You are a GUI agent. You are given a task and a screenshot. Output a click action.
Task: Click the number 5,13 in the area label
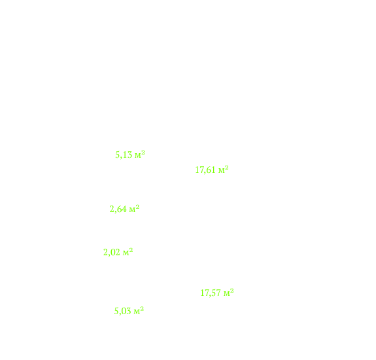pyautogui.click(x=124, y=154)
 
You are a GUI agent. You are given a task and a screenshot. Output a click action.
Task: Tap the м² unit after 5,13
pyautogui.click(x=140, y=154)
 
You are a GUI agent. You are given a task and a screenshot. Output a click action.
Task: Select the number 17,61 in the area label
pyautogui.click(x=205, y=170)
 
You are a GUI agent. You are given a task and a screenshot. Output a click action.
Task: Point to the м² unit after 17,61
pyautogui.click(x=223, y=170)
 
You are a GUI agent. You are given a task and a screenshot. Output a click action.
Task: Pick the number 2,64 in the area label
pyautogui.click(x=118, y=209)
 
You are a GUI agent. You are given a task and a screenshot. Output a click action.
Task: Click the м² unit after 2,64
pyautogui.click(x=134, y=209)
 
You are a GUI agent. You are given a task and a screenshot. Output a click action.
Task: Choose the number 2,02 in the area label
pyautogui.click(x=112, y=253)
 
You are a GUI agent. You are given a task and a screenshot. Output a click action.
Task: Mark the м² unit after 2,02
pyautogui.click(x=128, y=252)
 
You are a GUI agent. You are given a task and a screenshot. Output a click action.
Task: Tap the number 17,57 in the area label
pyautogui.click(x=211, y=293)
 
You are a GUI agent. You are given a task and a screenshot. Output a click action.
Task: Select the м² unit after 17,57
pyautogui.click(x=228, y=293)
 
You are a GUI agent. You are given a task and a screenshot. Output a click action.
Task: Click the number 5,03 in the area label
pyautogui.click(x=122, y=312)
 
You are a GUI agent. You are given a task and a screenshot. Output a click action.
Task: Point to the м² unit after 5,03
pyautogui.click(x=139, y=310)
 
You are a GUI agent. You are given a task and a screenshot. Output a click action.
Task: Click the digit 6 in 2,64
pyautogui.click(x=120, y=209)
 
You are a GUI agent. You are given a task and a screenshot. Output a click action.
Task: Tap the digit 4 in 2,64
pyautogui.click(x=124, y=209)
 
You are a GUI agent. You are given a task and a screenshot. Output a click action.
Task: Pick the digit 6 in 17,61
pyautogui.click(x=209, y=170)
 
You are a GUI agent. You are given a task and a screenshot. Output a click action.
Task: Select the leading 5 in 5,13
pyautogui.click(x=118, y=154)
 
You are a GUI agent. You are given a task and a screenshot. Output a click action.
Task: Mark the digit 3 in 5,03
pyautogui.click(x=129, y=312)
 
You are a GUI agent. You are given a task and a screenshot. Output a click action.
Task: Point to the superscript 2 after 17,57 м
pyautogui.click(x=232, y=291)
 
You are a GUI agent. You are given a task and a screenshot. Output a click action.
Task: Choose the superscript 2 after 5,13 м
pyautogui.click(x=143, y=153)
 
